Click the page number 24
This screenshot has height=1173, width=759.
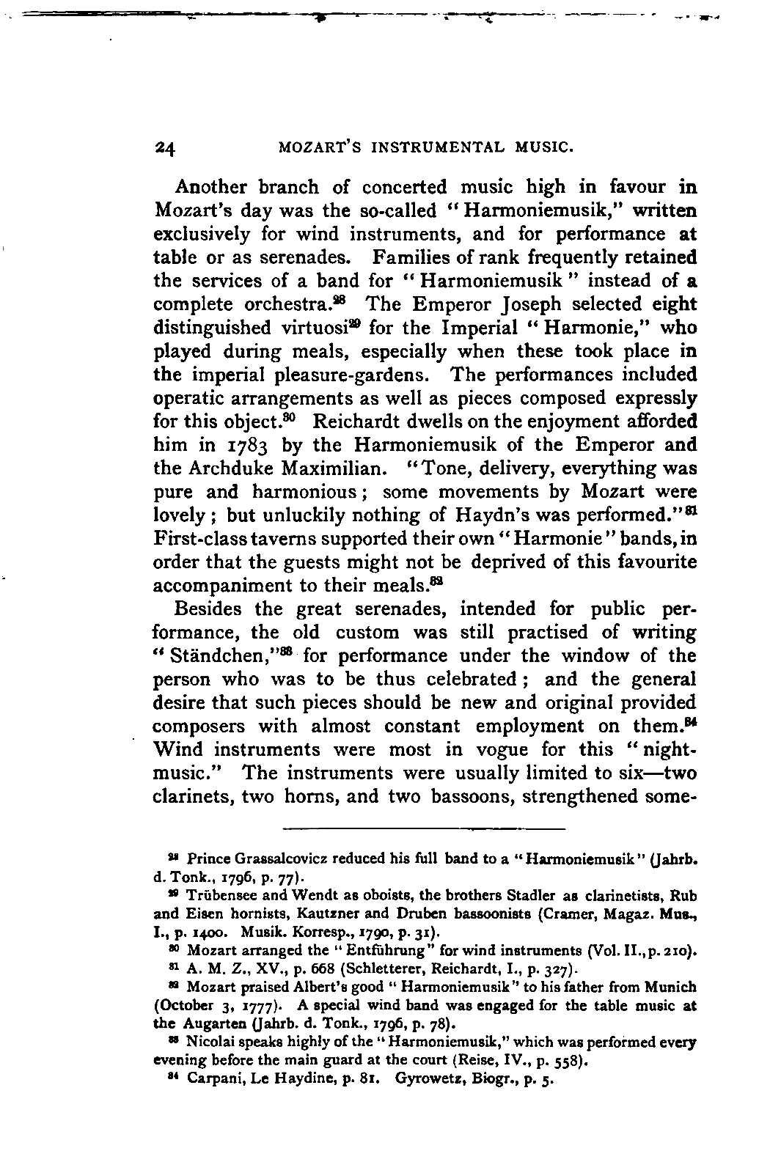[x=164, y=147]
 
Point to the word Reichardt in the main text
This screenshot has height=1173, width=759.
[x=364, y=422]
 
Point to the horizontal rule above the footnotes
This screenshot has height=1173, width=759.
[x=424, y=828]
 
